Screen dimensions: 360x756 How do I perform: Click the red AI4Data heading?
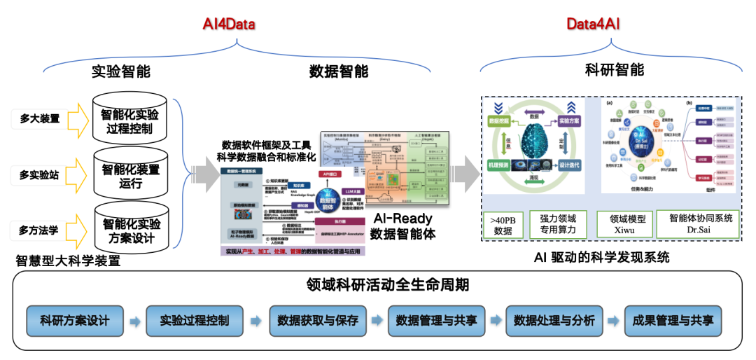pos(229,25)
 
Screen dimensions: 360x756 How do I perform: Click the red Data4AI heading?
pos(594,25)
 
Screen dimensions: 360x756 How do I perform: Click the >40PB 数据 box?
pos(503,225)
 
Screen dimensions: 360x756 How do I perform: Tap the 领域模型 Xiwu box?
pos(622,224)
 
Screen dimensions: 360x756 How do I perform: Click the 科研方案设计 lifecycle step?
pos(75,321)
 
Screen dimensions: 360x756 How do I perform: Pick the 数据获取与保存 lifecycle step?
pos(318,321)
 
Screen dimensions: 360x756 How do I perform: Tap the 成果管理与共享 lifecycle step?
pos(673,321)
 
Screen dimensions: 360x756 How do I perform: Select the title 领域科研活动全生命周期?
pos(377,285)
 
